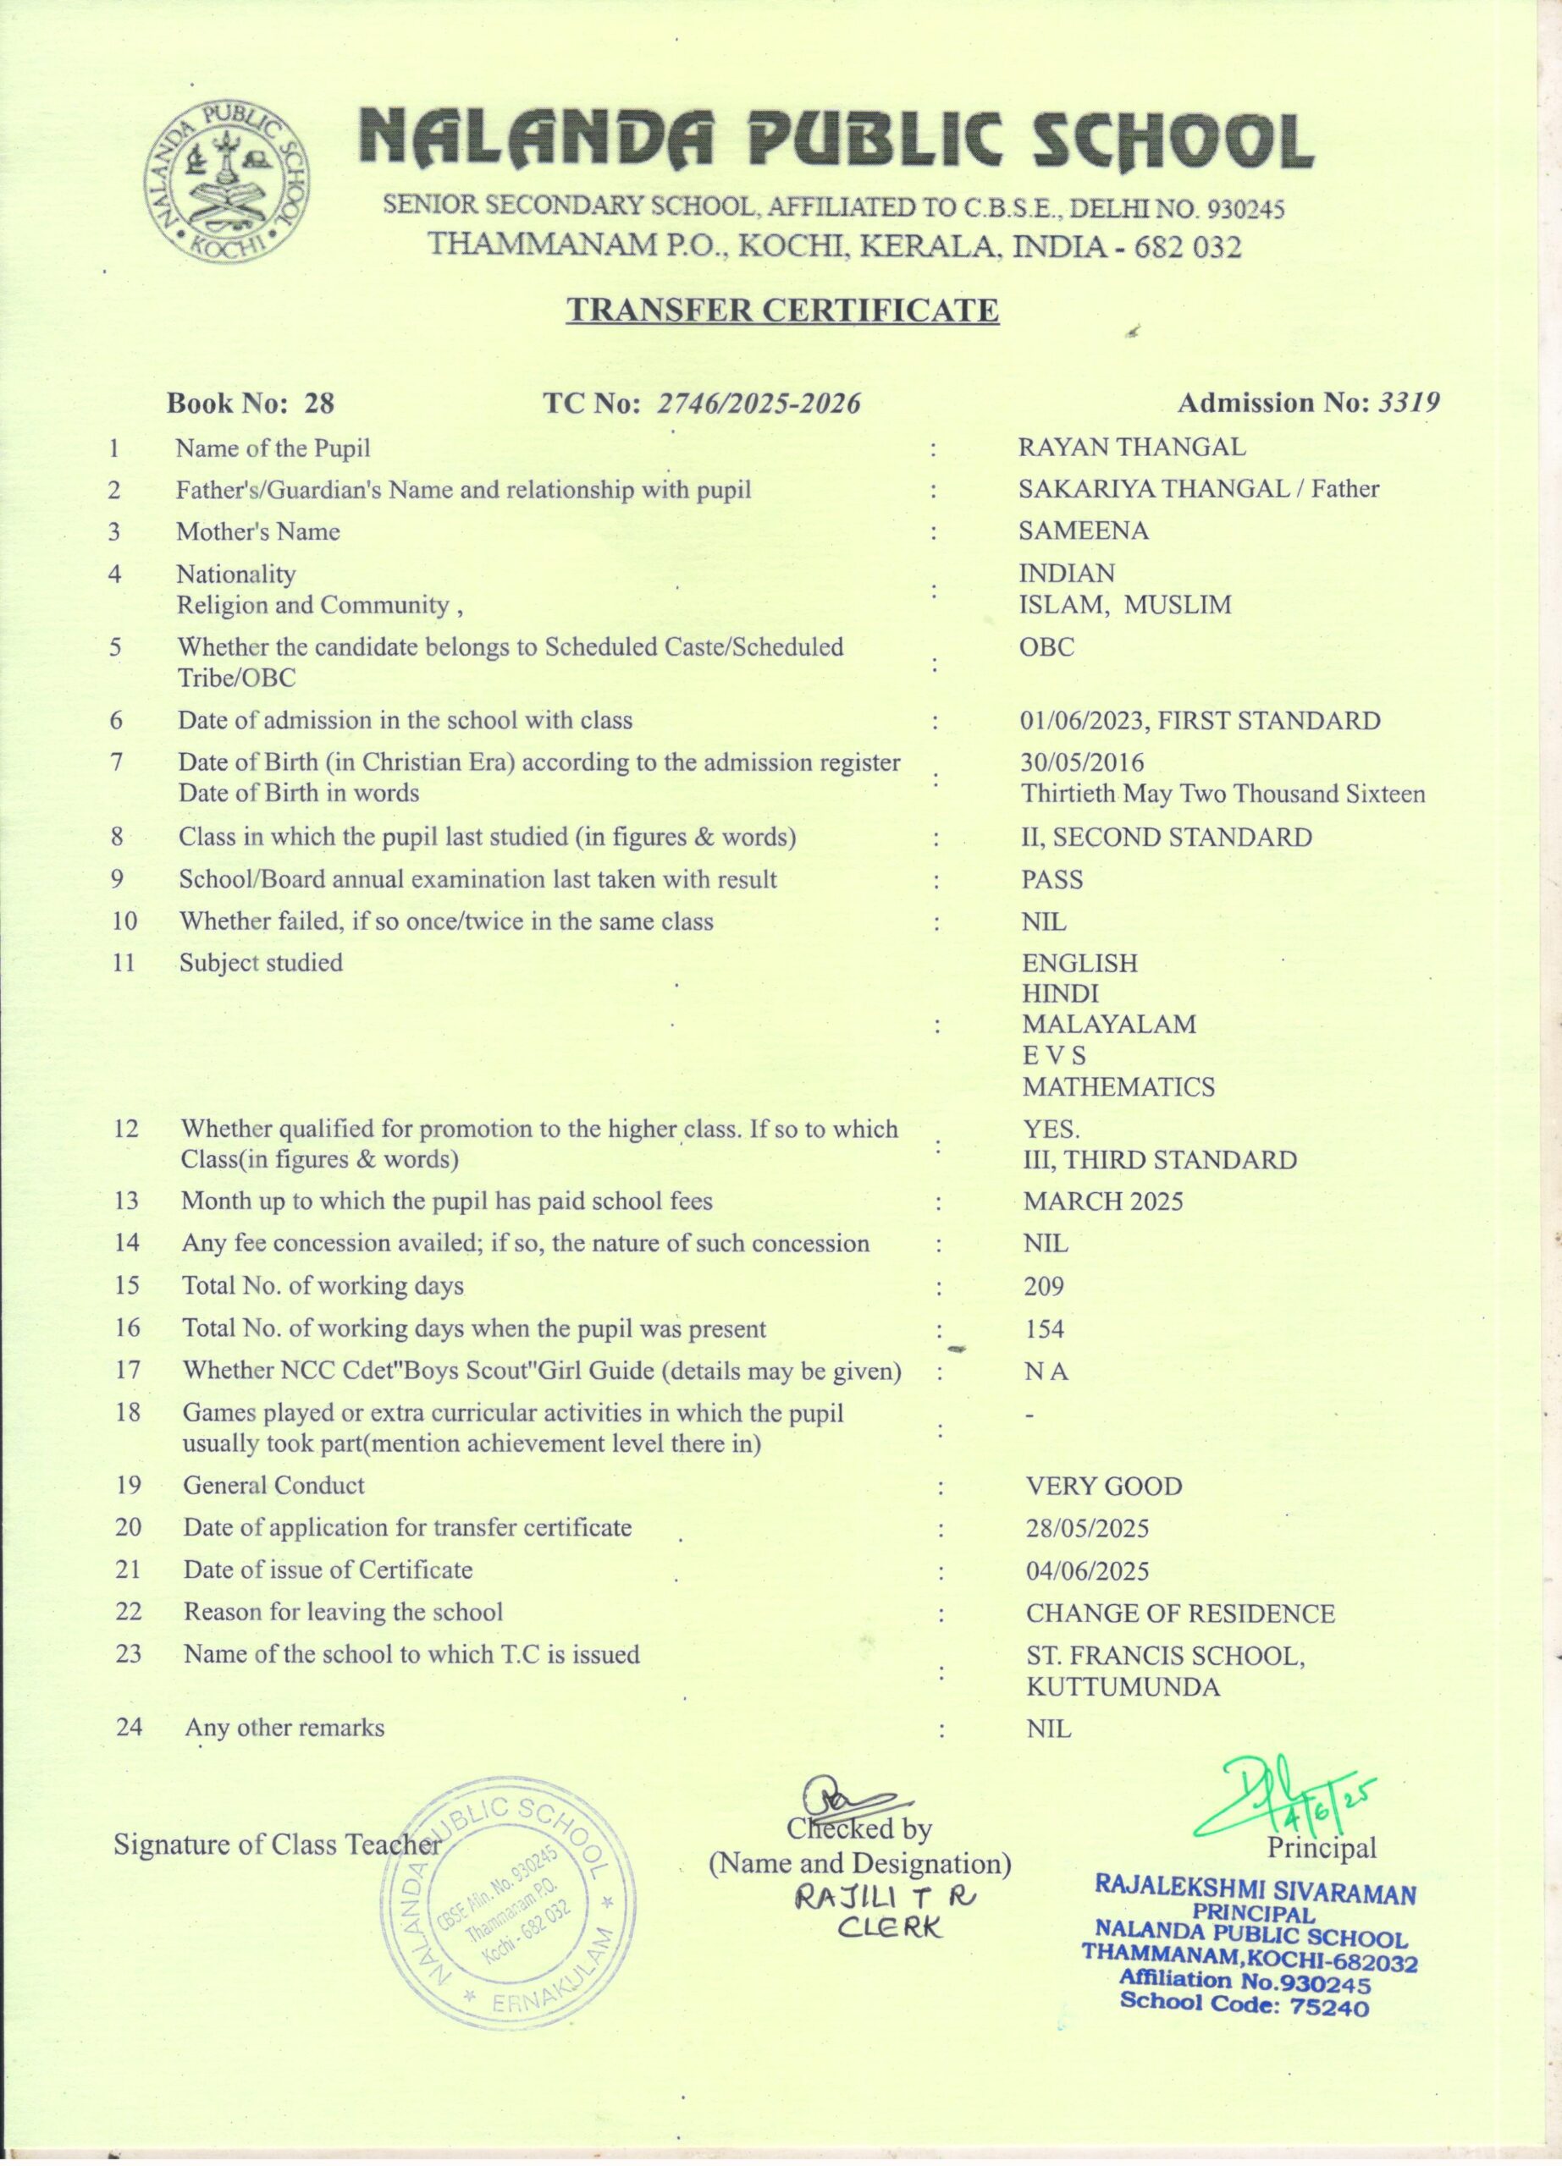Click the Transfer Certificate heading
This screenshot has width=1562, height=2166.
(782, 310)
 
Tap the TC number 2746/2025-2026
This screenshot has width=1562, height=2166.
(759, 404)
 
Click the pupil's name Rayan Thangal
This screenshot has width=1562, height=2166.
(1131, 447)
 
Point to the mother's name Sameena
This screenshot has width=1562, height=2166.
(1084, 531)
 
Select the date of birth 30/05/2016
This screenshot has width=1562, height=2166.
(1081, 763)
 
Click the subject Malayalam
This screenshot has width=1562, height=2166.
(1108, 1025)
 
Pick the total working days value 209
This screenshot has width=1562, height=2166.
(1043, 1286)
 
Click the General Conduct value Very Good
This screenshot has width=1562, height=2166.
(1103, 1487)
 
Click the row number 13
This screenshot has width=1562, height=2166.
(127, 1201)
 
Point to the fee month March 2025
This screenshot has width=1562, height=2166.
(1102, 1201)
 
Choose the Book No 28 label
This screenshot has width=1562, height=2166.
(251, 403)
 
